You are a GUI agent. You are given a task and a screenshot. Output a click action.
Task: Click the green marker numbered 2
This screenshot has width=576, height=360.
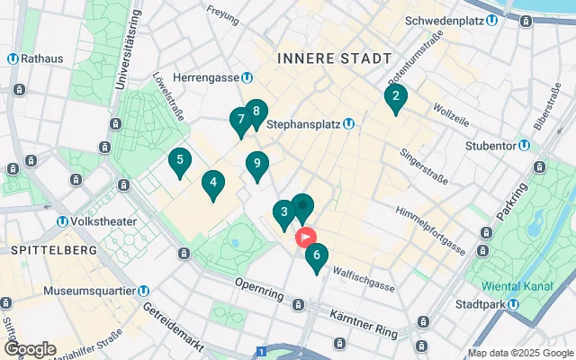tap(395, 97)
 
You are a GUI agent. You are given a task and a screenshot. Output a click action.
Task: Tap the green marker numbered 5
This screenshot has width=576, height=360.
tap(180, 162)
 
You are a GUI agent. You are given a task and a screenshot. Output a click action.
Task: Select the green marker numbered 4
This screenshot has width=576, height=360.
tap(212, 184)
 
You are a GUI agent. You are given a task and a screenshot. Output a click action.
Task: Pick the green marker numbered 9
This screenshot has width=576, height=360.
tap(257, 165)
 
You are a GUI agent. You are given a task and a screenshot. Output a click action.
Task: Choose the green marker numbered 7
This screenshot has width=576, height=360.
tap(240, 121)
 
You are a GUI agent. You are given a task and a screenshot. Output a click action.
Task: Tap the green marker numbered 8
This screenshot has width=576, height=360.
tap(256, 112)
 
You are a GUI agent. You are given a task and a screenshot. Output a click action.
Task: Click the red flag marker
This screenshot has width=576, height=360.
tap(306, 238)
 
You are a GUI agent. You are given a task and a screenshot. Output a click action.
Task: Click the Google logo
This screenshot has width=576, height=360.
tap(30, 348)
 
